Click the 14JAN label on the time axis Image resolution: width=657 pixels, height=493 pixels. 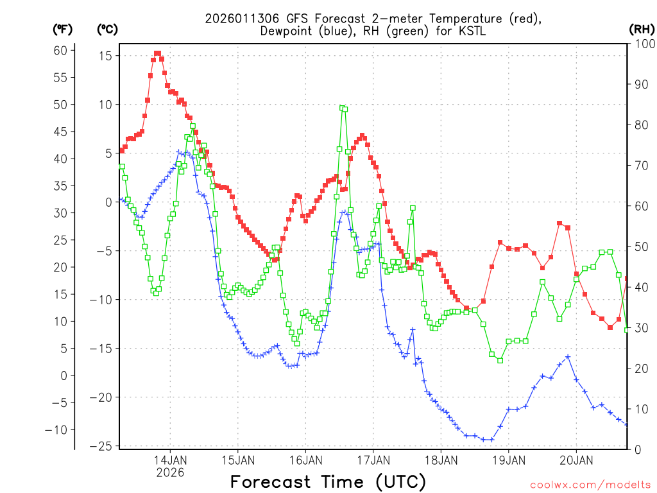pyautogui.click(x=170, y=460)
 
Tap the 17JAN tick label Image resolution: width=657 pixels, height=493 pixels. pyautogui.click(x=373, y=460)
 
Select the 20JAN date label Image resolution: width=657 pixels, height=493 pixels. pyautogui.click(x=576, y=460)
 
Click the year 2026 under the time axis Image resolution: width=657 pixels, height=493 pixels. pyautogui.click(x=170, y=472)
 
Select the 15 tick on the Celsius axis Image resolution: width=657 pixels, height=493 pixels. pyautogui.click(x=104, y=56)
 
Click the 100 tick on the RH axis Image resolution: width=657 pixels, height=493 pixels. pyautogui.click(x=643, y=44)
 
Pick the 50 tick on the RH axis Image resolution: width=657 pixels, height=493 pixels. pyautogui.click(x=640, y=246)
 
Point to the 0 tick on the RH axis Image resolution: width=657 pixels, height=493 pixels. pyautogui.click(x=638, y=449)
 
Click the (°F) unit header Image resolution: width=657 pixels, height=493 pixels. pyautogui.click(x=63, y=29)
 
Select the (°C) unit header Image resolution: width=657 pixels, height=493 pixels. pyautogui.click(x=107, y=29)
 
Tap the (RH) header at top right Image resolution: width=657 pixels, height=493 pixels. pyautogui.click(x=642, y=29)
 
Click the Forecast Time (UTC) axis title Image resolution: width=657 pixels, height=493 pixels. pyautogui.click(x=328, y=481)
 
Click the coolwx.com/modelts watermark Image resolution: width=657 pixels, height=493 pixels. pyautogui.click(x=590, y=485)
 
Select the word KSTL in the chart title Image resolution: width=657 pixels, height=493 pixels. pyautogui.click(x=457, y=31)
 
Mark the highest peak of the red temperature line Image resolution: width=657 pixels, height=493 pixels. pyautogui.click(x=157, y=53)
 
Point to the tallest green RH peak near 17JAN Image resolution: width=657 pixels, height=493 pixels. pyautogui.click(x=343, y=108)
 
